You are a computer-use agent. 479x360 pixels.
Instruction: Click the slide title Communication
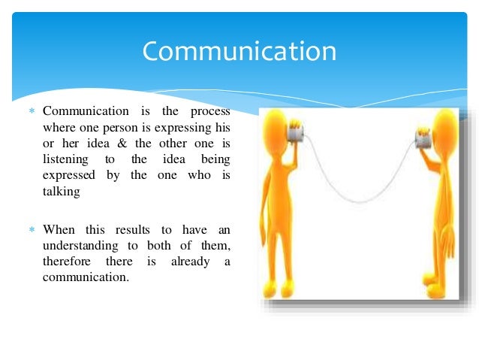point(239,52)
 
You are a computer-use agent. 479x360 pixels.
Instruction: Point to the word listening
point(65,159)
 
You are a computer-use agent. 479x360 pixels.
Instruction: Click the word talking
point(61,191)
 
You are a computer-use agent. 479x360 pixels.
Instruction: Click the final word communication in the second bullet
point(86,277)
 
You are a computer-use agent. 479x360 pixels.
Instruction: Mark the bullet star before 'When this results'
point(32,230)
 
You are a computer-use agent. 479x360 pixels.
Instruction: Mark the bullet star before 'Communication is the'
point(32,112)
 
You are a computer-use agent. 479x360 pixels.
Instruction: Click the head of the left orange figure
point(275,125)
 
